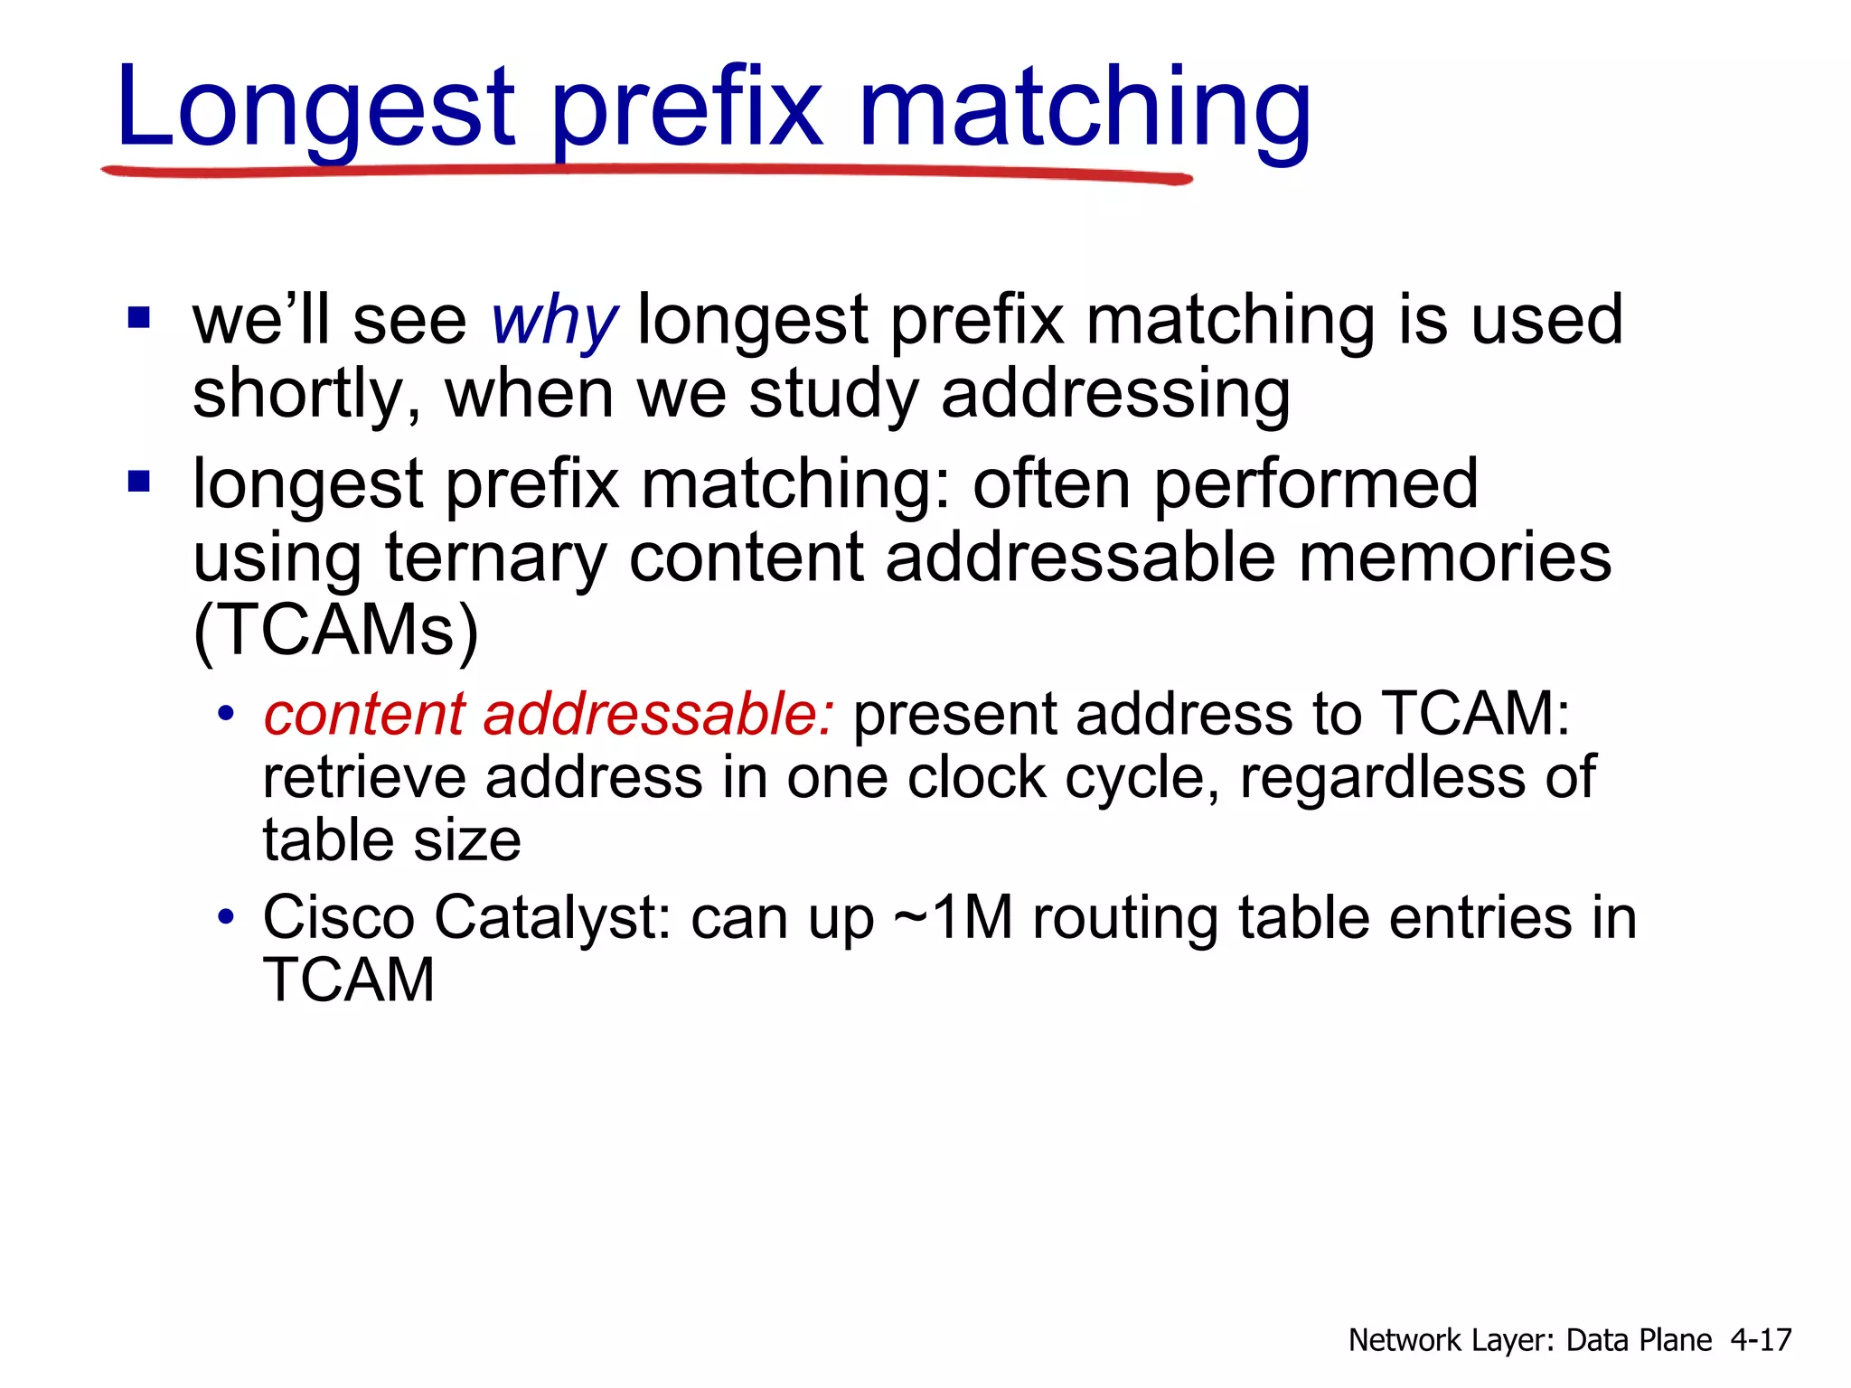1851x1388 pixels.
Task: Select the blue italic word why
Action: [x=553, y=321]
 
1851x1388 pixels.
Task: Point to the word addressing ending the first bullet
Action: [x=1115, y=394]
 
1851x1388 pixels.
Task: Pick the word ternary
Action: [x=495, y=558]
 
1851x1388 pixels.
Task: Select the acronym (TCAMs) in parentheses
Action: [x=335, y=630]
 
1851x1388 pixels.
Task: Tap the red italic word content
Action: [x=363, y=714]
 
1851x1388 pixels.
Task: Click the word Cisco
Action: [x=338, y=917]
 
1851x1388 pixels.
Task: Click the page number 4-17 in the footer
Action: [x=1760, y=1339]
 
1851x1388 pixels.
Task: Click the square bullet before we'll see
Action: [x=139, y=318]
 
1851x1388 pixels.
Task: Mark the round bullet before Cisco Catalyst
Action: [x=226, y=918]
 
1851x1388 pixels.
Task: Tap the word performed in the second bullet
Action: [x=1315, y=484]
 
